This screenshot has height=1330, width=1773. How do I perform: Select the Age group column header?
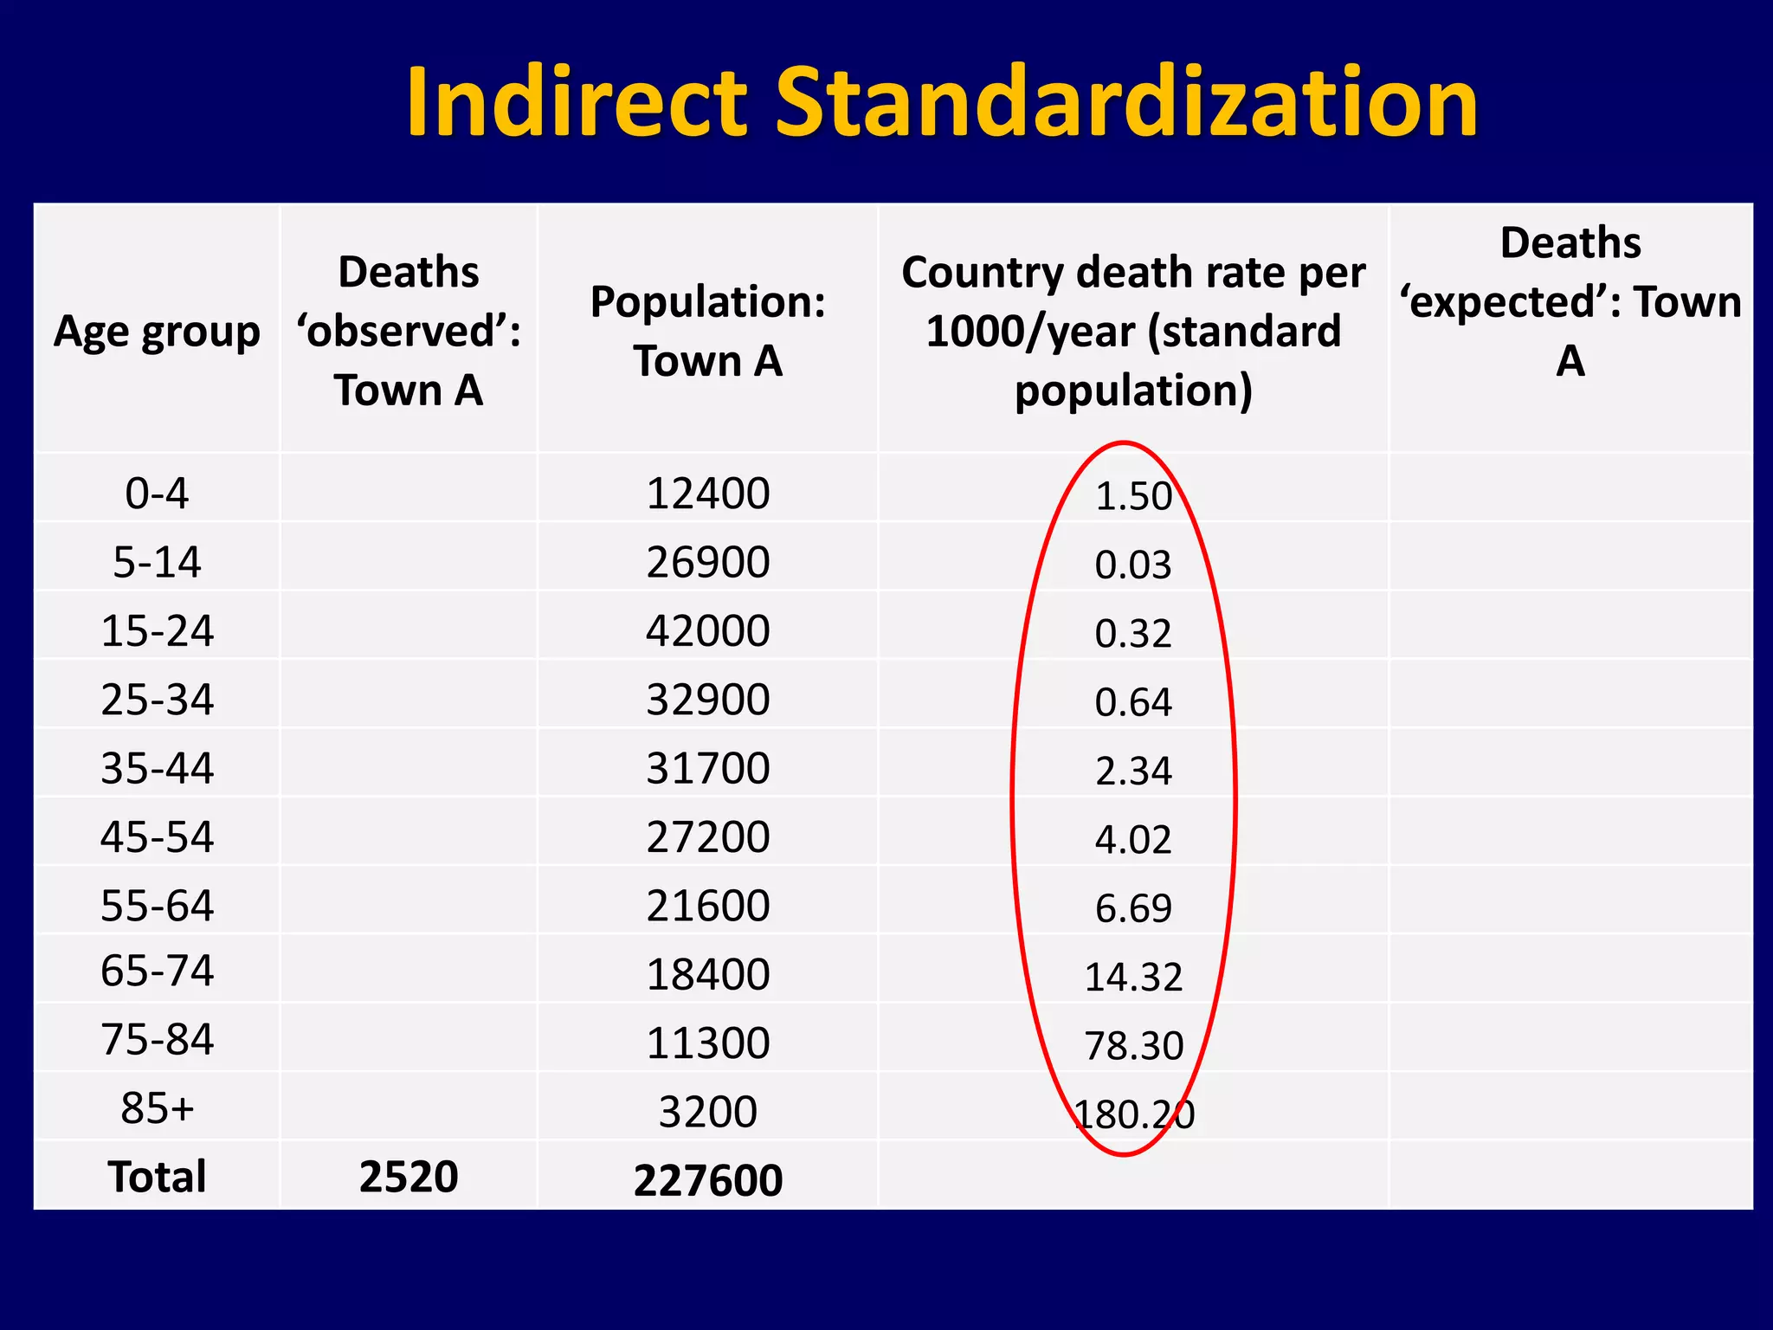pos(157,331)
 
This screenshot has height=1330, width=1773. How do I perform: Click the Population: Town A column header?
pos(707,331)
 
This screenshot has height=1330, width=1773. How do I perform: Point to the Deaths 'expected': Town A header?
pos(1570,301)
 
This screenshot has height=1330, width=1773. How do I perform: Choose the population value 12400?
pos(707,494)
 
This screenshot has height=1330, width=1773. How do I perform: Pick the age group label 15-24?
pos(157,630)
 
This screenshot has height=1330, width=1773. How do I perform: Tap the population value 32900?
pos(707,700)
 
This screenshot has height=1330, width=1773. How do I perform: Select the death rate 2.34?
pos(1132,771)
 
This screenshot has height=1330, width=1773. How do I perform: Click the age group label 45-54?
pos(157,837)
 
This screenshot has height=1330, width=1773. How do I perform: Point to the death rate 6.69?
pos(1132,908)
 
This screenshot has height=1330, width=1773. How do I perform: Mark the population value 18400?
pos(707,974)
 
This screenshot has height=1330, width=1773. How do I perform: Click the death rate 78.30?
pos(1132,1046)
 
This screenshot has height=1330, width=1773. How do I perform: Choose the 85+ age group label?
pos(157,1108)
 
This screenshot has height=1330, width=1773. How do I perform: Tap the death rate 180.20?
pos(1132,1114)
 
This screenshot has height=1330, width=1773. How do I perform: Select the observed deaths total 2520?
pos(408,1177)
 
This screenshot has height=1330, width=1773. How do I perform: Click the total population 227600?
pos(707,1180)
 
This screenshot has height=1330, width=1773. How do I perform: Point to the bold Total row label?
pos(157,1177)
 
